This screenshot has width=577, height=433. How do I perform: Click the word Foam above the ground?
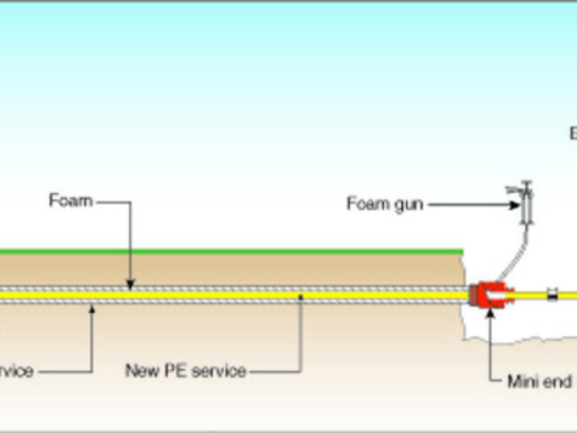[71, 201]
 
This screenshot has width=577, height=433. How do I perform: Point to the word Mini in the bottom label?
[525, 381]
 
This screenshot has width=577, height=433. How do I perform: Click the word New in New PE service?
[141, 372]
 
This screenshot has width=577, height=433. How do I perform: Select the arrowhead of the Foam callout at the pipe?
[130, 284]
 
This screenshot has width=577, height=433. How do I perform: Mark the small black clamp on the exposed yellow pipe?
[552, 294]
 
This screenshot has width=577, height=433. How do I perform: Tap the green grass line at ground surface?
[231, 252]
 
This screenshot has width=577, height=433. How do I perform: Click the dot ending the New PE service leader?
[300, 295]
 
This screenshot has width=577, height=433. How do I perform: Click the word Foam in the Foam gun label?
[366, 204]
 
